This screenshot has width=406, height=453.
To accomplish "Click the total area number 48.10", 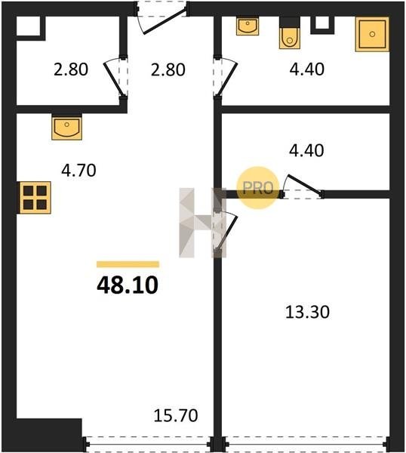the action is [x=128, y=285].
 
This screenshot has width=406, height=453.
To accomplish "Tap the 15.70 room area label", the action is [x=176, y=415].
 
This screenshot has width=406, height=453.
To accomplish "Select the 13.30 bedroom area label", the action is [x=307, y=313].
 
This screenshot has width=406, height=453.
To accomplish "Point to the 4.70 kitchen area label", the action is [x=78, y=171].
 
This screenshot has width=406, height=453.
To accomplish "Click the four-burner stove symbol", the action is [x=35, y=198].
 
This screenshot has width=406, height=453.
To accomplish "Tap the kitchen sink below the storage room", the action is [x=66, y=127].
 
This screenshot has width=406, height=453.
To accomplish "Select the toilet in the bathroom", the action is [x=290, y=33].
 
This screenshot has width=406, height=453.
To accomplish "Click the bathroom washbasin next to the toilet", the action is [x=248, y=26].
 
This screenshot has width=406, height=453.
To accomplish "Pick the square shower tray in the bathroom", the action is [x=372, y=35].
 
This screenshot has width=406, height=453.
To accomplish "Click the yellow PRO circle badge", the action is [x=258, y=188].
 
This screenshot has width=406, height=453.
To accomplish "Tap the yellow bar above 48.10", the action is [x=128, y=264].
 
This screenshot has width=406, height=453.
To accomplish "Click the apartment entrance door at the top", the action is [x=161, y=17].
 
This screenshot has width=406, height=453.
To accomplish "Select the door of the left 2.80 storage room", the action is [x=116, y=78].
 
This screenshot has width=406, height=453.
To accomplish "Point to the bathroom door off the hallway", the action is [x=225, y=78].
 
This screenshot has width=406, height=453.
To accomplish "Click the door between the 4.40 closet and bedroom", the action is [x=303, y=187].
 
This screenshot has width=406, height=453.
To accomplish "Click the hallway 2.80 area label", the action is [x=168, y=70].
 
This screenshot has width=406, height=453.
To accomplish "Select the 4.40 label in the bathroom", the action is [x=306, y=69].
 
